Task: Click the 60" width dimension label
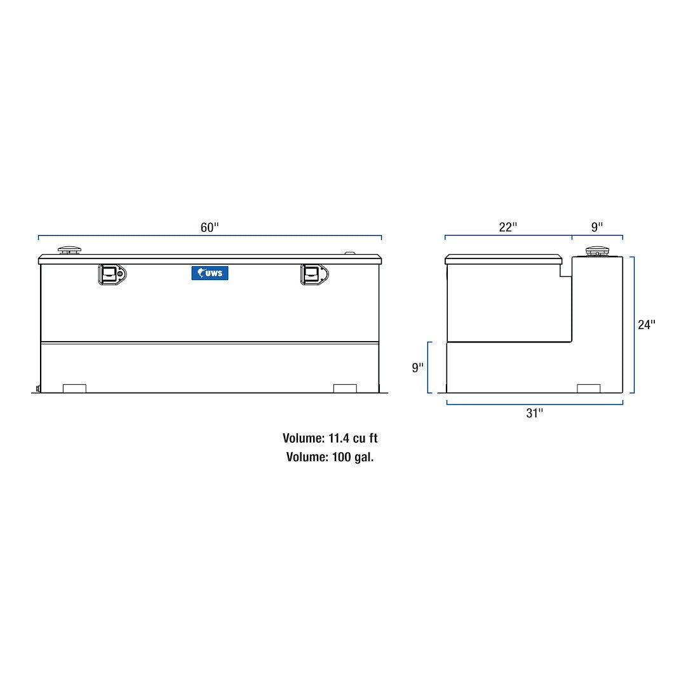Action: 210,227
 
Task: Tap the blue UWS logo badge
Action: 210,273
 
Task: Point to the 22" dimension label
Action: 508,227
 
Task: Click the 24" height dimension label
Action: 647,325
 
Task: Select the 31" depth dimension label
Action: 535,414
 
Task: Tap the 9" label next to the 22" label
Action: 597,227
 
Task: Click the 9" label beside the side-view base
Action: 417,368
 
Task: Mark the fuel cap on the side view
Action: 596,250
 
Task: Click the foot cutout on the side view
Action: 588,388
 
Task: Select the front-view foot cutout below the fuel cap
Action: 74,388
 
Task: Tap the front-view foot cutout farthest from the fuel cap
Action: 345,388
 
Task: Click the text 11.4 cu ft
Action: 353,438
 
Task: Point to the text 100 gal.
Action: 353,457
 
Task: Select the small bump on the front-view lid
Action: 351,253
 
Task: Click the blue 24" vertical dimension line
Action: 633,325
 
